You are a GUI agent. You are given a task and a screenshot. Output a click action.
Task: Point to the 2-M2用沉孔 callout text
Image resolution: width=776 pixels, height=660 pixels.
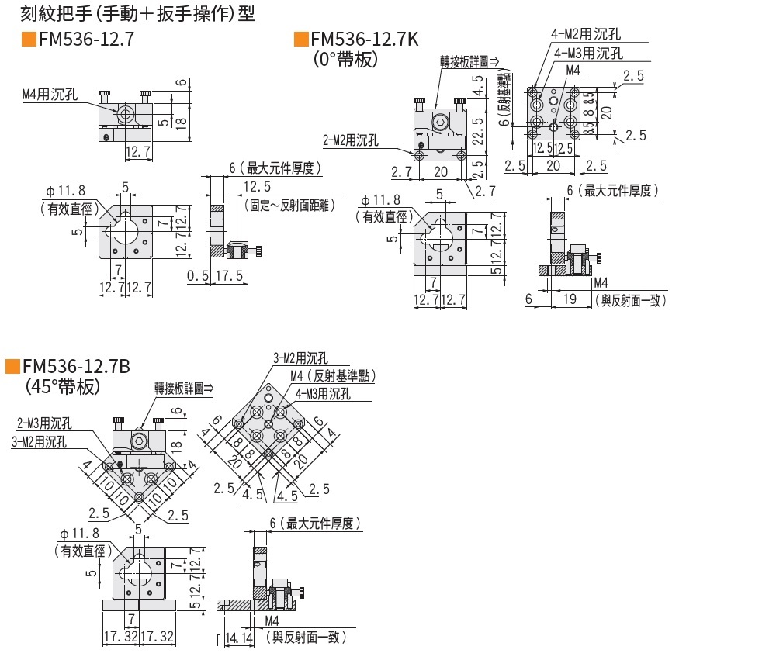(x=351, y=140)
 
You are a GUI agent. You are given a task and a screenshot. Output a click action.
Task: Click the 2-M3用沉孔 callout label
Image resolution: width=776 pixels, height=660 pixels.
(x=44, y=423)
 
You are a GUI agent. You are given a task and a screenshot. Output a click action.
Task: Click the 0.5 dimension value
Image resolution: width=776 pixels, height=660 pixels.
(x=197, y=275)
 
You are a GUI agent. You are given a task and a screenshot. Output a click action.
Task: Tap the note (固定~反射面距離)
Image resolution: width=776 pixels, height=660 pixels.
(x=288, y=206)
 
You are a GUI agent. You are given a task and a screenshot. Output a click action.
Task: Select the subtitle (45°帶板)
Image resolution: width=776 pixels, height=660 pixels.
(x=63, y=385)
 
